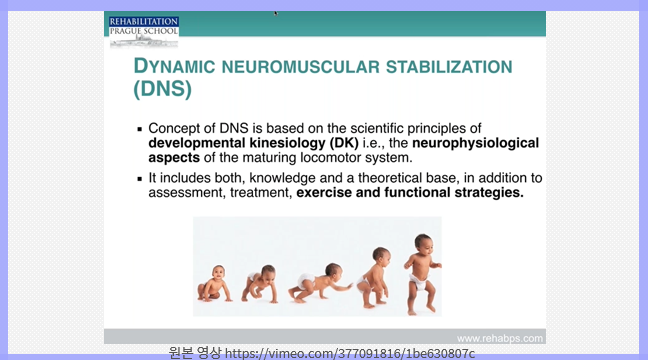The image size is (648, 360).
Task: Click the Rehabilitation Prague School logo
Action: click(x=144, y=30)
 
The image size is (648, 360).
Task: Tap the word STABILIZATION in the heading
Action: click(x=440, y=67)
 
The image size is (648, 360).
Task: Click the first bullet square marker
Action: click(x=140, y=129)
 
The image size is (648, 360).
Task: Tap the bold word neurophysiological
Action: click(x=475, y=143)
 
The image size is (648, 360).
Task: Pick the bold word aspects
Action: click(x=175, y=158)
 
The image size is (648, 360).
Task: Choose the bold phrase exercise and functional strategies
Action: click(x=410, y=193)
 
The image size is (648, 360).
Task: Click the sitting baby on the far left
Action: click(x=214, y=285)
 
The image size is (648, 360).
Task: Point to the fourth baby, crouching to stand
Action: click(x=376, y=274)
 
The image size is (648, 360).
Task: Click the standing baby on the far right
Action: click(x=421, y=271)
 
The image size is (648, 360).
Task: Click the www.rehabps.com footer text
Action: click(x=500, y=338)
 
